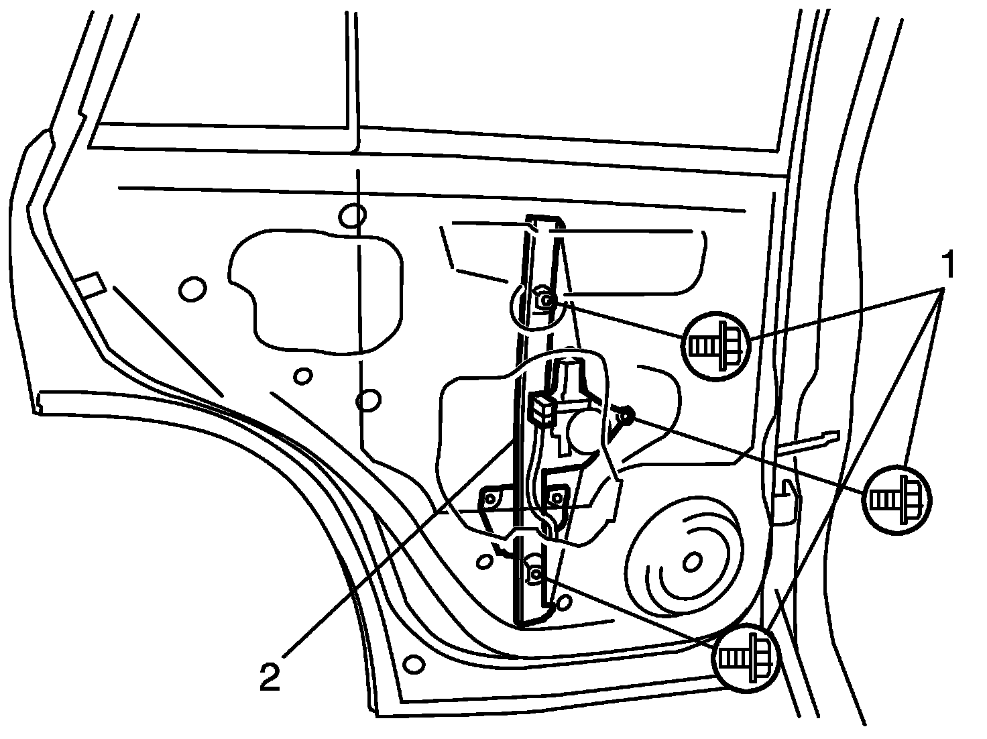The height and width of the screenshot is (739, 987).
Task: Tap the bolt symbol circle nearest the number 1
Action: [716, 346]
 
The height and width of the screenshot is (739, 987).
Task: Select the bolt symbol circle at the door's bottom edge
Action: [746, 658]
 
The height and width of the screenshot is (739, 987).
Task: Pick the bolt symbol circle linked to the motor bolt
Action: [897, 500]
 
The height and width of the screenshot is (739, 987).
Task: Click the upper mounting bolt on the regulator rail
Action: [545, 299]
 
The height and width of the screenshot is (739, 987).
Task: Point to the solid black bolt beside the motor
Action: [628, 415]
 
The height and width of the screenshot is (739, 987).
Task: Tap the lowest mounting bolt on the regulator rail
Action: [536, 574]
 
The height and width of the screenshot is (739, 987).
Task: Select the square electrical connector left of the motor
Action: [542, 408]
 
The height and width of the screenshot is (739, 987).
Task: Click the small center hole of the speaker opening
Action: [692, 562]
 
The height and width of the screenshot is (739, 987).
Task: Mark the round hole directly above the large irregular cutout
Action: [353, 216]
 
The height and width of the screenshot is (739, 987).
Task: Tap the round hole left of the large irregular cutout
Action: [192, 289]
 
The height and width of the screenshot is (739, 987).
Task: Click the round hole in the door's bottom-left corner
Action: [414, 664]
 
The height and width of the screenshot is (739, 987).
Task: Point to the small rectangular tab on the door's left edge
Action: [91, 284]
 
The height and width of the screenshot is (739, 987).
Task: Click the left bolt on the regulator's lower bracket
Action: [490, 498]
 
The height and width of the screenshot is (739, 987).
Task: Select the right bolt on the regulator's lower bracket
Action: [557, 498]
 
